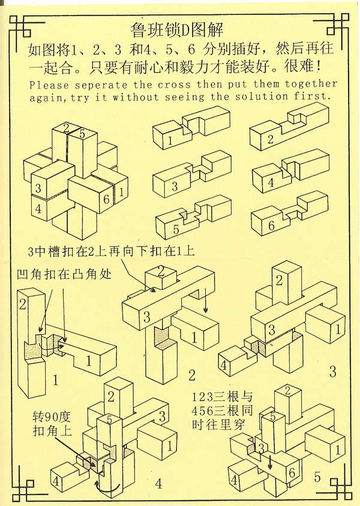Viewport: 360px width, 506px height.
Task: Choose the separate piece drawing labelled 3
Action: tap(192, 174)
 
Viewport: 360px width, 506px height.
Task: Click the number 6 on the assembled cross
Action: tap(106, 200)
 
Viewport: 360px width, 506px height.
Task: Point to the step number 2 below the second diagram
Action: tap(191, 376)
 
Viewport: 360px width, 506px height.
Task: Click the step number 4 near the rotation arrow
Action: tap(158, 483)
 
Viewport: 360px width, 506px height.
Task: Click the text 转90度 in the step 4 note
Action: tap(52, 415)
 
